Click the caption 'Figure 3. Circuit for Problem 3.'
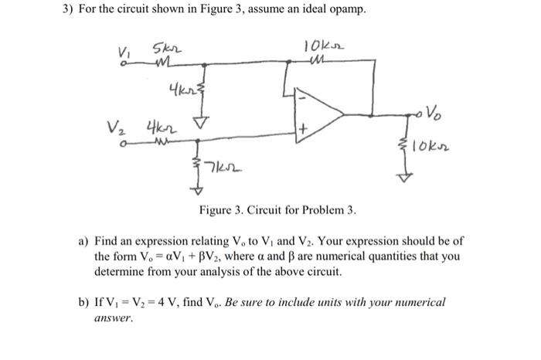tap(277, 210)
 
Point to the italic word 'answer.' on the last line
tap(112, 317)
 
